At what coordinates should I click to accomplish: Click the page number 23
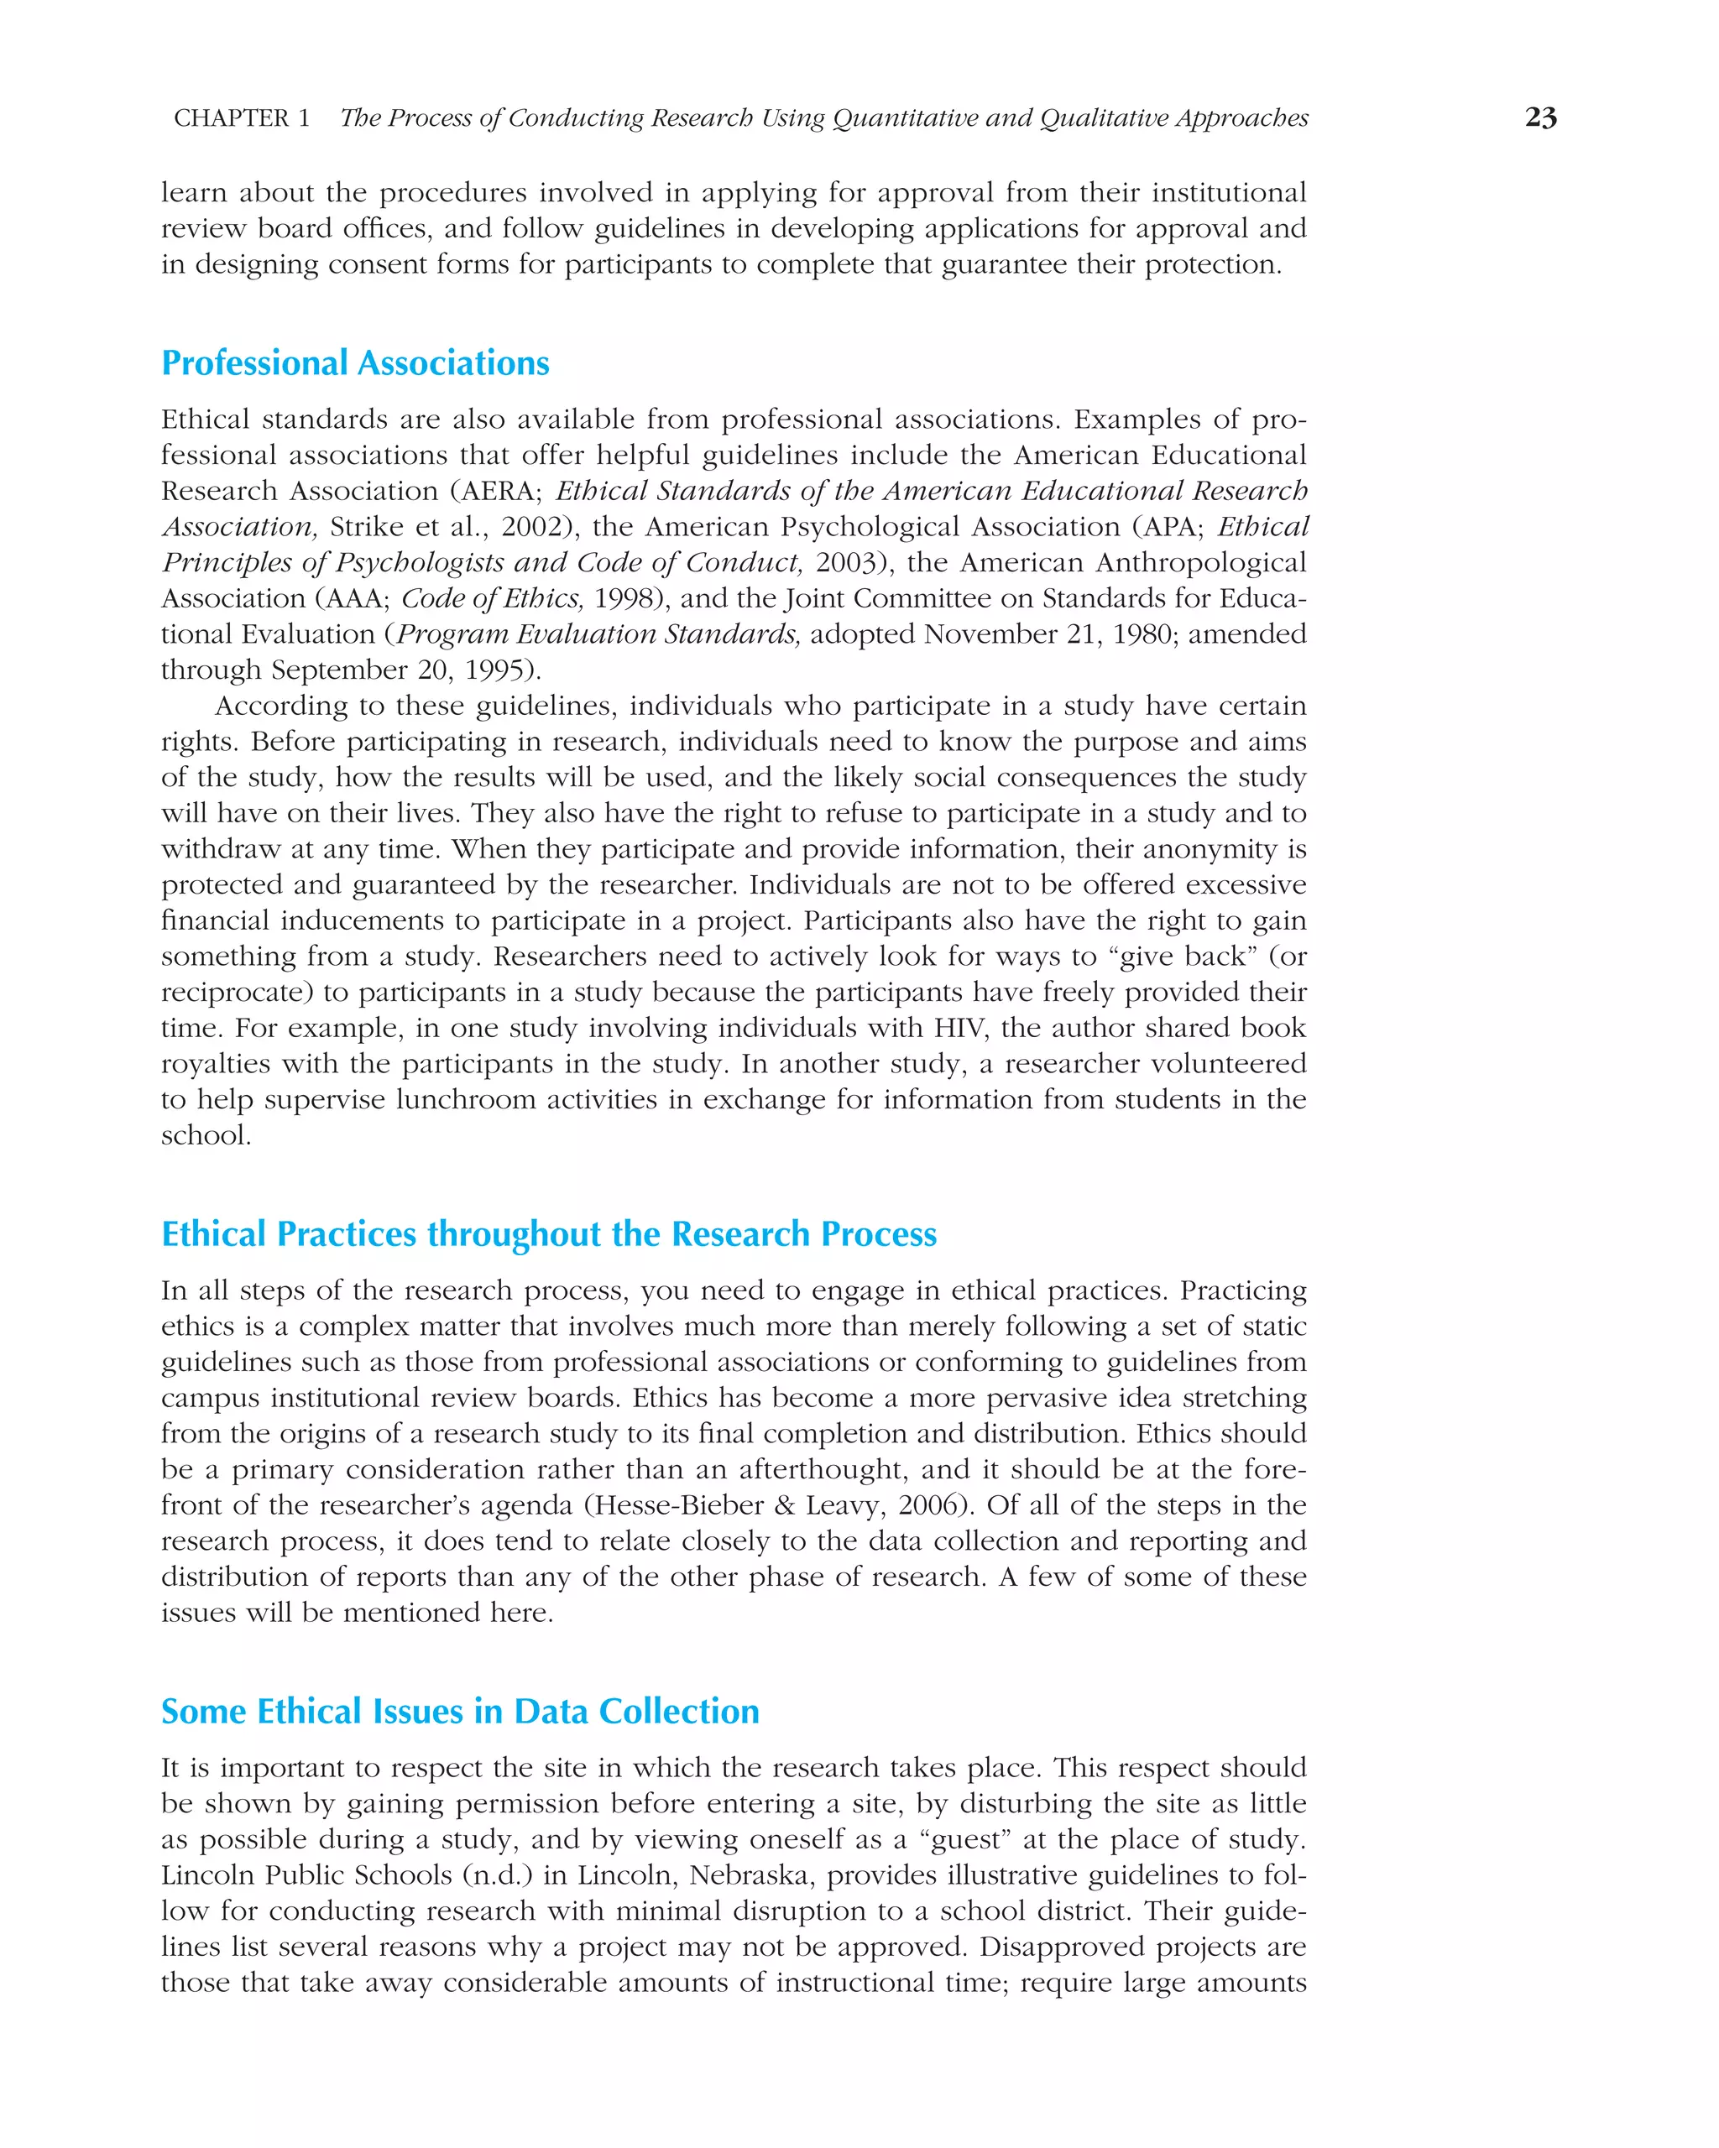(x=1539, y=117)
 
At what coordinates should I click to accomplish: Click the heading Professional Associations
(x=355, y=362)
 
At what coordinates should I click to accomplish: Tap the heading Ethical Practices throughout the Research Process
(x=548, y=1234)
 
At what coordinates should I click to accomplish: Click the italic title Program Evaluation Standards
(x=598, y=634)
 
